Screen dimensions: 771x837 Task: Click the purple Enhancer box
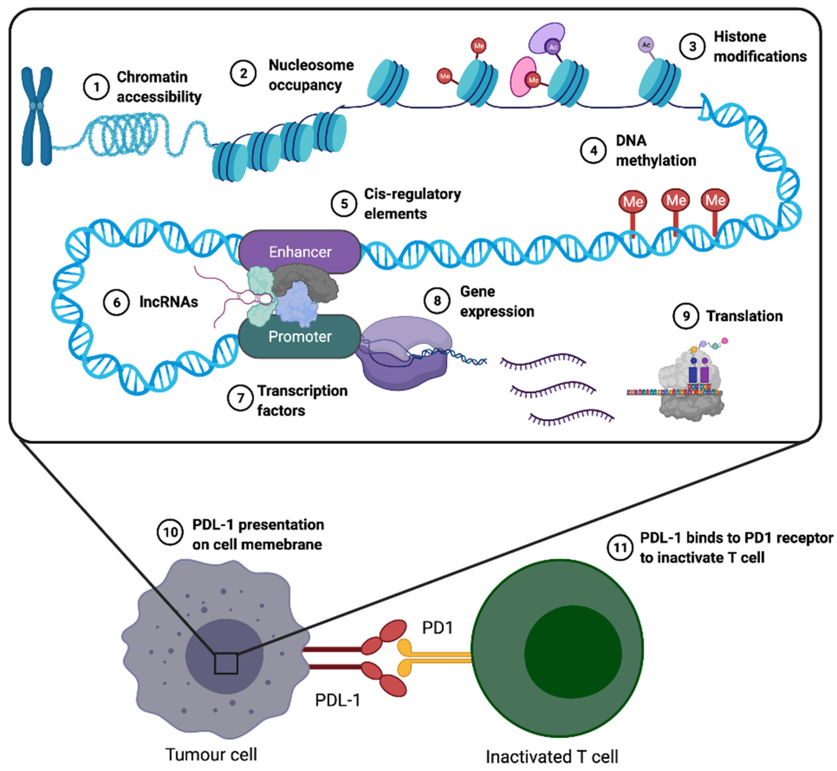299,252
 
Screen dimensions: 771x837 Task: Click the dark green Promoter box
299,336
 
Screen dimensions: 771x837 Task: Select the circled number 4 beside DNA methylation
593,151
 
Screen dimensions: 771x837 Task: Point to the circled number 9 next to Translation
686,316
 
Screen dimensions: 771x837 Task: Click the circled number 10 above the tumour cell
170,532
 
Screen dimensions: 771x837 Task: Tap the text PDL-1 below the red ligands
337,700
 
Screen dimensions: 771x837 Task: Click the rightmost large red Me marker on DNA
715,201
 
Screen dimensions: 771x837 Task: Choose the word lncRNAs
168,302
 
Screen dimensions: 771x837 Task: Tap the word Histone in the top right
740,37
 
